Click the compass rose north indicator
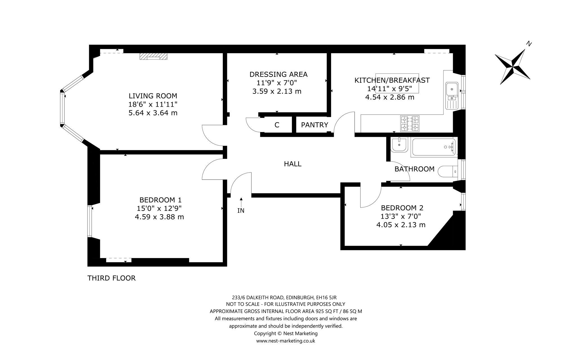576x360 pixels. tap(512, 67)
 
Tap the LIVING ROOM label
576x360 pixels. tap(153, 96)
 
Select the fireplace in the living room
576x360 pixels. tap(154, 56)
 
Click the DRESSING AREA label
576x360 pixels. tap(278, 74)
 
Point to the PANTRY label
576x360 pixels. tap(314, 125)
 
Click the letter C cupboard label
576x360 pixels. tap(277, 125)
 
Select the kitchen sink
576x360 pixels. tap(452, 96)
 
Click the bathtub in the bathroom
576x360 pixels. tap(433, 147)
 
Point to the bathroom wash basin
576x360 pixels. tap(399, 145)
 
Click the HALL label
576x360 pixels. tap(293, 164)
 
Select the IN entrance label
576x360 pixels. tap(241, 211)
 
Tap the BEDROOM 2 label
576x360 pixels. tap(402, 208)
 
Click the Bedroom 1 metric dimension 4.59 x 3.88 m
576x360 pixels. tap(159, 217)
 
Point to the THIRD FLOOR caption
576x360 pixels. tap(111, 278)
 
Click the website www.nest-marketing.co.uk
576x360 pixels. tap(285, 341)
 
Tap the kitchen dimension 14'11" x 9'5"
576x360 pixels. tap(390, 89)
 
